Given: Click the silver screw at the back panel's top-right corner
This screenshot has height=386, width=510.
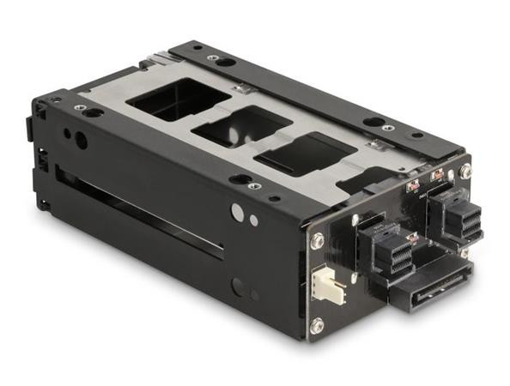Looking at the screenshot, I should pos(464,172).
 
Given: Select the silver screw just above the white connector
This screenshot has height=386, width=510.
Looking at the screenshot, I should pos(317,243).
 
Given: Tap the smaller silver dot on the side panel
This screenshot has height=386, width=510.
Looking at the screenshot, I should pos(253,220).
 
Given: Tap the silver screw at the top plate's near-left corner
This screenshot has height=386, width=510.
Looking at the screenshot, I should pos(79,107).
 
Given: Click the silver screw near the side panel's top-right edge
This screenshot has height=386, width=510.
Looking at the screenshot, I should pos(255,185).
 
